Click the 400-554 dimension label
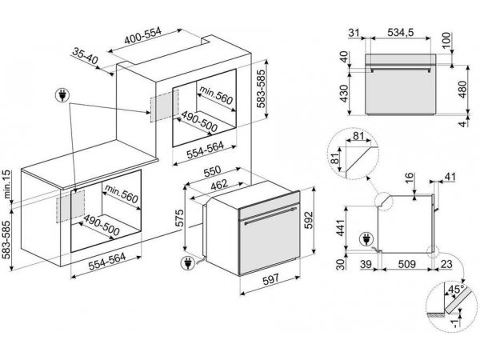pos(142,35)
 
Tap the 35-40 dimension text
pos(85,56)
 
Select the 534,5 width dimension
pos(401,32)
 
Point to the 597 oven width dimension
pos(271,279)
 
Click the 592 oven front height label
pos(309,220)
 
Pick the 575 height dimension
pos(180,218)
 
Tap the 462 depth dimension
pos(219,185)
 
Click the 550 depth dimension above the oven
pos(213,172)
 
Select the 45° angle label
pos(456,289)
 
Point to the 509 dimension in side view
pos(406,264)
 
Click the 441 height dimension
pos(341,227)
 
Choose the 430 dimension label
pos(344,93)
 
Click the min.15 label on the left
pos(6,184)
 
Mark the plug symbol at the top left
pos(62,95)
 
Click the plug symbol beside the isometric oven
pos(187,263)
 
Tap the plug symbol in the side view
pos(366,239)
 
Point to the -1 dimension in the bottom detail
pos(456,322)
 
